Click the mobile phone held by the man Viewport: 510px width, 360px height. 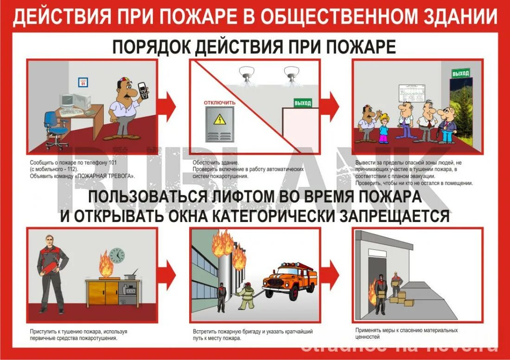coord(144,90)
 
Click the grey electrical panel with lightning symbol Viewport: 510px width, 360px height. coord(220,124)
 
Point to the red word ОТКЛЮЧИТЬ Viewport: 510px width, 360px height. coord(220,102)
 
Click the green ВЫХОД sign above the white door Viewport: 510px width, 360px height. coord(303,103)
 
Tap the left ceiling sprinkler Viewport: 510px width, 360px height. coord(245,74)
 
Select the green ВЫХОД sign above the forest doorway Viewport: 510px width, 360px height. coord(460,73)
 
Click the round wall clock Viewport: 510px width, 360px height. coord(117,255)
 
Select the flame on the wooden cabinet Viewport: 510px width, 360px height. coord(105,264)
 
